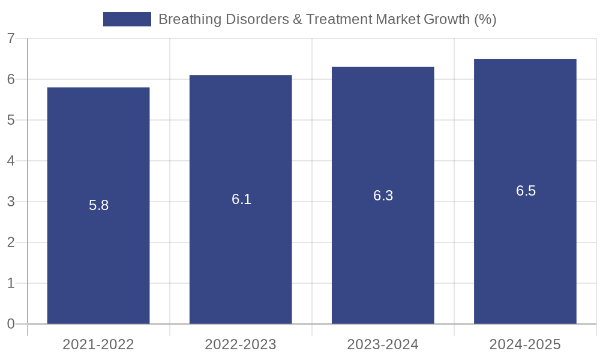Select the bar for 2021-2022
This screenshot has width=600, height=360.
point(98,205)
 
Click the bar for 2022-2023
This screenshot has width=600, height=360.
point(241,199)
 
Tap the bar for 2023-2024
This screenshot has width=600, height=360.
point(383,196)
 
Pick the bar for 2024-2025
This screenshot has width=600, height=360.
point(526,191)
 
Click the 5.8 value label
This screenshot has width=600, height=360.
point(99,205)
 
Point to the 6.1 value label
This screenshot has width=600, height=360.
point(241,199)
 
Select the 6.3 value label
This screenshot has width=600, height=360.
point(383,196)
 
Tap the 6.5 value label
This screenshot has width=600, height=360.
point(526,191)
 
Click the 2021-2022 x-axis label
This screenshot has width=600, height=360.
point(98,344)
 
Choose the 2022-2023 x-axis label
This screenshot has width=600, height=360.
point(241,344)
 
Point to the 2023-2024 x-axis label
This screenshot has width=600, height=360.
point(383,344)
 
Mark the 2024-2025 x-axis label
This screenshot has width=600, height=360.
point(526,344)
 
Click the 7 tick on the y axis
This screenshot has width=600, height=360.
point(11,38)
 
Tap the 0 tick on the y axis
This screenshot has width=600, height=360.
point(11,324)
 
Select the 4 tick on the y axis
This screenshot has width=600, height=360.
point(11,161)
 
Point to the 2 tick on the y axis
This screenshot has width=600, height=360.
point(11,242)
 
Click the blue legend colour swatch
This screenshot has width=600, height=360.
point(127,19)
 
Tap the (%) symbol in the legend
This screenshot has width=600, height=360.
point(485,20)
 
